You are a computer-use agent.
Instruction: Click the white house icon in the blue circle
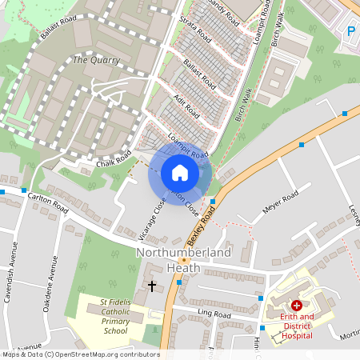coord(180,173)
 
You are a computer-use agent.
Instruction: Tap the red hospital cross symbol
coord(296,305)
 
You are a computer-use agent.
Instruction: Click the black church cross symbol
coord(152,286)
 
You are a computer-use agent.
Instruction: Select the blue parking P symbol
coord(350,31)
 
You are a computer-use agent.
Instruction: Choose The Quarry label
coord(96,60)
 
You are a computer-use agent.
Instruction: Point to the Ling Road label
coord(215,314)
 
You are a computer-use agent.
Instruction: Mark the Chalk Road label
coord(114,163)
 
